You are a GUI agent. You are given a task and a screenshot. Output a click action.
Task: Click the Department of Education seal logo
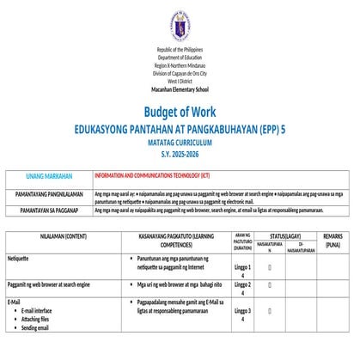pos(180,27)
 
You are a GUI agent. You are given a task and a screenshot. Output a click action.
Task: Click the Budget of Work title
pos(180,112)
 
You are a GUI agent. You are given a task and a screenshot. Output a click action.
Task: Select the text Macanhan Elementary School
pos(180,89)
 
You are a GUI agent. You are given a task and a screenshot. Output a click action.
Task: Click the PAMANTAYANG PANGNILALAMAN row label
pos(47,195)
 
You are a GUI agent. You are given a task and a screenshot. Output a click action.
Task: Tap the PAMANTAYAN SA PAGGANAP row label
pos(47,209)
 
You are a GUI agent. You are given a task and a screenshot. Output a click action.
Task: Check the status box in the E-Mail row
pos(270,314)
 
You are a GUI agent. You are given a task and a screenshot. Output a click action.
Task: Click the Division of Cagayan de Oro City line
pos(180,74)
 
